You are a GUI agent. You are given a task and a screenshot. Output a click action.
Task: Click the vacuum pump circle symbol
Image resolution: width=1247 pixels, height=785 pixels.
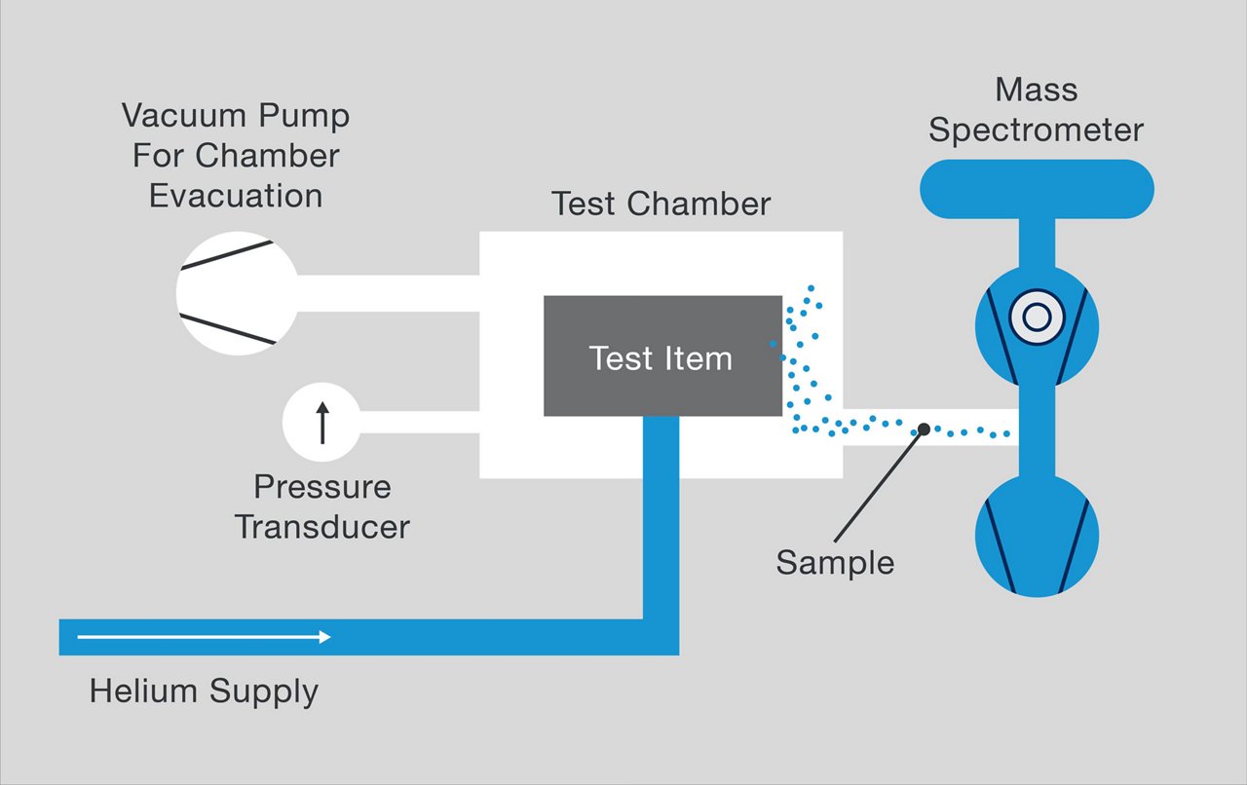click(237, 292)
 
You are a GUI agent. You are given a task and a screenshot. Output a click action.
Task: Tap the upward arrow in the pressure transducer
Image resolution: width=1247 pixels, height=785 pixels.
click(322, 423)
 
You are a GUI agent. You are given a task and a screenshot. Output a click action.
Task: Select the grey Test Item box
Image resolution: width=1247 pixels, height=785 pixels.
click(662, 356)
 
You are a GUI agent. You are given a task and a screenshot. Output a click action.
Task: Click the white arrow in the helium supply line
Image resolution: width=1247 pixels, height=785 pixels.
click(205, 637)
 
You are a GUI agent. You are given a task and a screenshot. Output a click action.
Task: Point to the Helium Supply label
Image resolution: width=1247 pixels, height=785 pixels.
click(204, 692)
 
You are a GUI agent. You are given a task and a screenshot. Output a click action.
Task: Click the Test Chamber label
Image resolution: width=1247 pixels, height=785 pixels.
click(661, 204)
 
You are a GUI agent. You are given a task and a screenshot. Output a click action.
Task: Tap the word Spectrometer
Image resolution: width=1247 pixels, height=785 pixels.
click(1036, 130)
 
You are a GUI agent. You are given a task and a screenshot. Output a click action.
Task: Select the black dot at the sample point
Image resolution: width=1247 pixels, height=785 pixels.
click(923, 429)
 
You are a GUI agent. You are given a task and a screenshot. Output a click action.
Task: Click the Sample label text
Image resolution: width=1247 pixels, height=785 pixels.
click(835, 562)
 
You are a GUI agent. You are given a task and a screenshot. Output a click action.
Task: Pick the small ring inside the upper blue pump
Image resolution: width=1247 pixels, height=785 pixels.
click(1036, 318)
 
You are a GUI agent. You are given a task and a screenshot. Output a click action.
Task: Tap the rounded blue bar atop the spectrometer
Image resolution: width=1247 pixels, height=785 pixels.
click(1037, 189)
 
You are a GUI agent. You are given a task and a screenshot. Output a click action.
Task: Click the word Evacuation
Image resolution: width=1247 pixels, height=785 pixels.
click(236, 195)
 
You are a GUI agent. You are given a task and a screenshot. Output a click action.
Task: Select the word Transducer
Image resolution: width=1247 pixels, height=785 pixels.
click(322, 527)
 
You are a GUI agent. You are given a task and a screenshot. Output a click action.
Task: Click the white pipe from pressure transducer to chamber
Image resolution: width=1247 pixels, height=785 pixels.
click(419, 422)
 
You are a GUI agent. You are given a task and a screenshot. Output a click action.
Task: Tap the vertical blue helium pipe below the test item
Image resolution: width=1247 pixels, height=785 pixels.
click(661, 516)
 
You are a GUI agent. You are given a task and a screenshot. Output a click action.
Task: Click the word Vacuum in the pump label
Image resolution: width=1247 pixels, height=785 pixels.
click(184, 116)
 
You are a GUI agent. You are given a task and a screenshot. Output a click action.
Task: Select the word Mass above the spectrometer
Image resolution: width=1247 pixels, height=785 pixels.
click(1036, 90)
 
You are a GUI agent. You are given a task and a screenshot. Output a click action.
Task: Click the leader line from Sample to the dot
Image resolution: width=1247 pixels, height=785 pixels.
click(877, 486)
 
